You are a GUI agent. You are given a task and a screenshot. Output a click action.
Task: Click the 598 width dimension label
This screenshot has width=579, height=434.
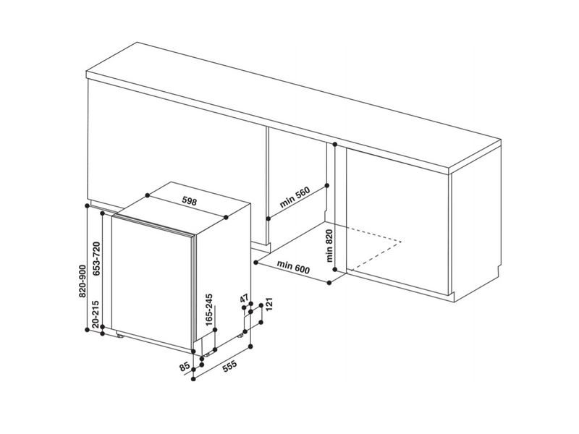(190, 201)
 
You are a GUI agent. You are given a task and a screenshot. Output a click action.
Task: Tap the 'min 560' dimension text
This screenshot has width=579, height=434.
(295, 198)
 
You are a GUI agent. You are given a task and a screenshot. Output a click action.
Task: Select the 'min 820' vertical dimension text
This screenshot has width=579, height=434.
(329, 246)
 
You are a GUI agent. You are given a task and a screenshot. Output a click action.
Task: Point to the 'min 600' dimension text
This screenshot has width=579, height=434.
(294, 267)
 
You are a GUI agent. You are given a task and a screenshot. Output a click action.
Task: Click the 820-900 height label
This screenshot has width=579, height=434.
(83, 281)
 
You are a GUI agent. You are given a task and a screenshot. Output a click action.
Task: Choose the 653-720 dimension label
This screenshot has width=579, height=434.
(96, 259)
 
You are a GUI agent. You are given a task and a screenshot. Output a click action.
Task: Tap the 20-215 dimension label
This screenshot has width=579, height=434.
(96, 314)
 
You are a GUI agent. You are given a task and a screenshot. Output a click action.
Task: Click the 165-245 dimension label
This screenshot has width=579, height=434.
(209, 310)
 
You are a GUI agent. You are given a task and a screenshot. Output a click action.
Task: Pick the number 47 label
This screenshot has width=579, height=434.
(244, 299)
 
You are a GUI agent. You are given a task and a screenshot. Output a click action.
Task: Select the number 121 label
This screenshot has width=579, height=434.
(269, 304)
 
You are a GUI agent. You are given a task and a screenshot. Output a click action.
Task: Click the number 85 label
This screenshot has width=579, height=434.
(184, 367)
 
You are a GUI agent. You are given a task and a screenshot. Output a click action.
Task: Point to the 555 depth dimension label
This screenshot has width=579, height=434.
(229, 367)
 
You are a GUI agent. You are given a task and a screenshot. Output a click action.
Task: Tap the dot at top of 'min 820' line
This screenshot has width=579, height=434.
(335, 144)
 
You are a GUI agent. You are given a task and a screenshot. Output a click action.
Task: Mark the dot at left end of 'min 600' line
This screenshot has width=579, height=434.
(255, 262)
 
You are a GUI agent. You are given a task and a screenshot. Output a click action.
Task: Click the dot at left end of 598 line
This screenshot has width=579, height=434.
(148, 195)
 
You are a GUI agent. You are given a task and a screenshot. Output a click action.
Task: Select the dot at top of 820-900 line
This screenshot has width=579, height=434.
(87, 205)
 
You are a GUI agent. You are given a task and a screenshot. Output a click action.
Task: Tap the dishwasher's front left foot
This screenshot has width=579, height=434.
(121, 335)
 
